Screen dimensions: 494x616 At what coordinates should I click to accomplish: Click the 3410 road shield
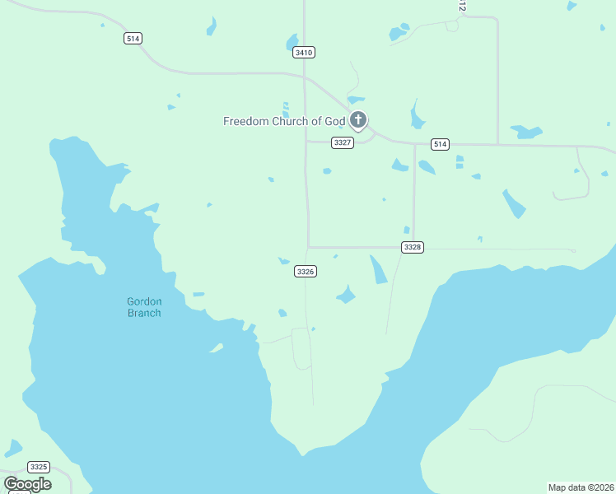point(304,52)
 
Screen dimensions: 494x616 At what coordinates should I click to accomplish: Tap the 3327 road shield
point(343,142)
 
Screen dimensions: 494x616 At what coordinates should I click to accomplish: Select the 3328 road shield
point(413,247)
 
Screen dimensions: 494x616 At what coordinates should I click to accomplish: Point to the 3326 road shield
point(305,271)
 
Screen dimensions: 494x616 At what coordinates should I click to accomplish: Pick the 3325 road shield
point(38,467)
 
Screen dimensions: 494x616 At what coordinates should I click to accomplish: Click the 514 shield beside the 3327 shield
point(440,144)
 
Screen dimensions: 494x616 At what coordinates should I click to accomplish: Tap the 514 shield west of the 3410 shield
point(133,38)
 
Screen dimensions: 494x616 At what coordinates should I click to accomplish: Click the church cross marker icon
point(357,120)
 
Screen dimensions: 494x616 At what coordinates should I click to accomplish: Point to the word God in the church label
point(335,121)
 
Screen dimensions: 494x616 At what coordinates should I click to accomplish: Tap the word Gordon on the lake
point(144,301)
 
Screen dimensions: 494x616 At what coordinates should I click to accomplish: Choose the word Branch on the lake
point(144,313)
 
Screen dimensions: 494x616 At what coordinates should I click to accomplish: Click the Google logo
point(27,484)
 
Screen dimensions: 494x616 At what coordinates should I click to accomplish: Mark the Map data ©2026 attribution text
point(581,487)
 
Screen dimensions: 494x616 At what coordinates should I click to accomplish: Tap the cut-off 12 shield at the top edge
point(462,5)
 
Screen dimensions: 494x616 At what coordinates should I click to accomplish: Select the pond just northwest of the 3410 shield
point(292,41)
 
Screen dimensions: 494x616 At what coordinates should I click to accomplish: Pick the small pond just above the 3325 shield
point(13,449)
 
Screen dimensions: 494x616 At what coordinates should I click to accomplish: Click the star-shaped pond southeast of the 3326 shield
point(346,295)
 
